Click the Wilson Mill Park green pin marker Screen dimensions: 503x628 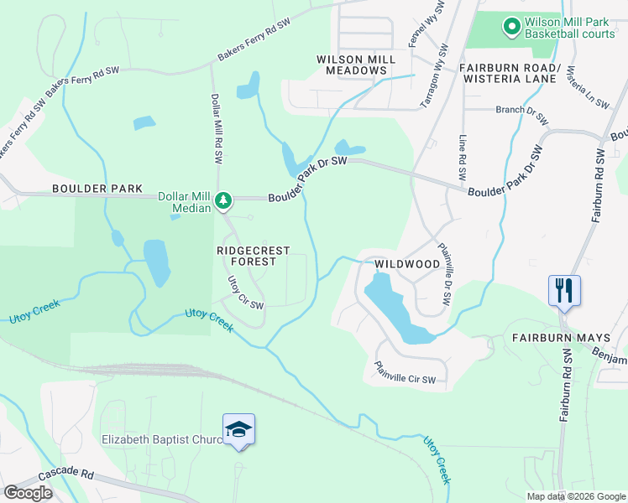tap(511, 28)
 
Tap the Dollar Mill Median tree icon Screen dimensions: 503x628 tap(223, 200)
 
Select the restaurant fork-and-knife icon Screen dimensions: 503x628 tap(563, 291)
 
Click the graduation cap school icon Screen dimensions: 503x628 tap(238, 430)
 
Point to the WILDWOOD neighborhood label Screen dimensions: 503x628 tap(407, 264)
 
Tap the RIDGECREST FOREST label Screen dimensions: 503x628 tap(254, 256)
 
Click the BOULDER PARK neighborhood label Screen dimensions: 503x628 tap(97, 189)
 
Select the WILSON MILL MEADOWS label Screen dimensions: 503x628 tap(352, 65)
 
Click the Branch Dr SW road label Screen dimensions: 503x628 tap(522, 110)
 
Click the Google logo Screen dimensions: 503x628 tap(27, 493)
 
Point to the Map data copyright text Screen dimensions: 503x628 tap(575, 496)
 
